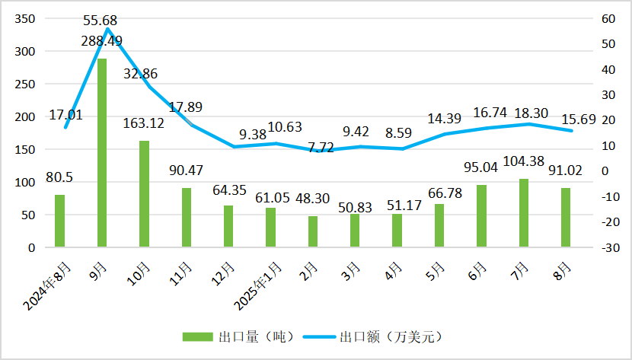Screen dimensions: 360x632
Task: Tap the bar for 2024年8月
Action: point(59,221)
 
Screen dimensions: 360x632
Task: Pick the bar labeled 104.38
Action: point(523,213)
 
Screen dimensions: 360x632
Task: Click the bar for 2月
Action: point(312,231)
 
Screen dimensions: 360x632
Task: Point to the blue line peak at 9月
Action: point(107,30)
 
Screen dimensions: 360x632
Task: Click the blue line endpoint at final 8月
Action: point(572,131)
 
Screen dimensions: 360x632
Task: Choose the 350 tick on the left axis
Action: point(26,19)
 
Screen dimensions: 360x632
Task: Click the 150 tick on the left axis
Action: point(26,150)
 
